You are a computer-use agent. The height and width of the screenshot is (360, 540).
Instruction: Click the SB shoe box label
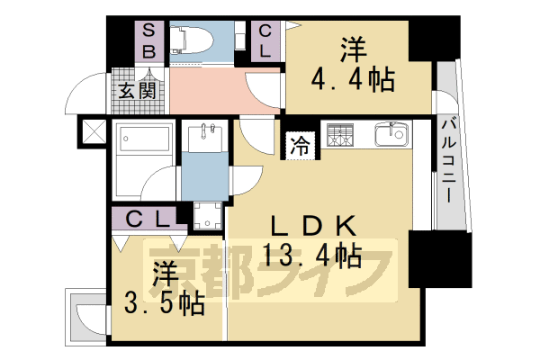coord(149,40)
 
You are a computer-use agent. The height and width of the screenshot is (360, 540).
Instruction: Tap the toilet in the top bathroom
coord(194,40)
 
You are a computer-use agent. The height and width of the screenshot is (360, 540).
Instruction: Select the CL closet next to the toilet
coord(266,40)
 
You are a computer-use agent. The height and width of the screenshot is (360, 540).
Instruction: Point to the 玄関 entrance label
coord(138,91)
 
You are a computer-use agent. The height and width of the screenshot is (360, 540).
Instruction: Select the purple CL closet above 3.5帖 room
coord(144,218)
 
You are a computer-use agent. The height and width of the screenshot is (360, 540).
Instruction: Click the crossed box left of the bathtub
coord(93,132)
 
